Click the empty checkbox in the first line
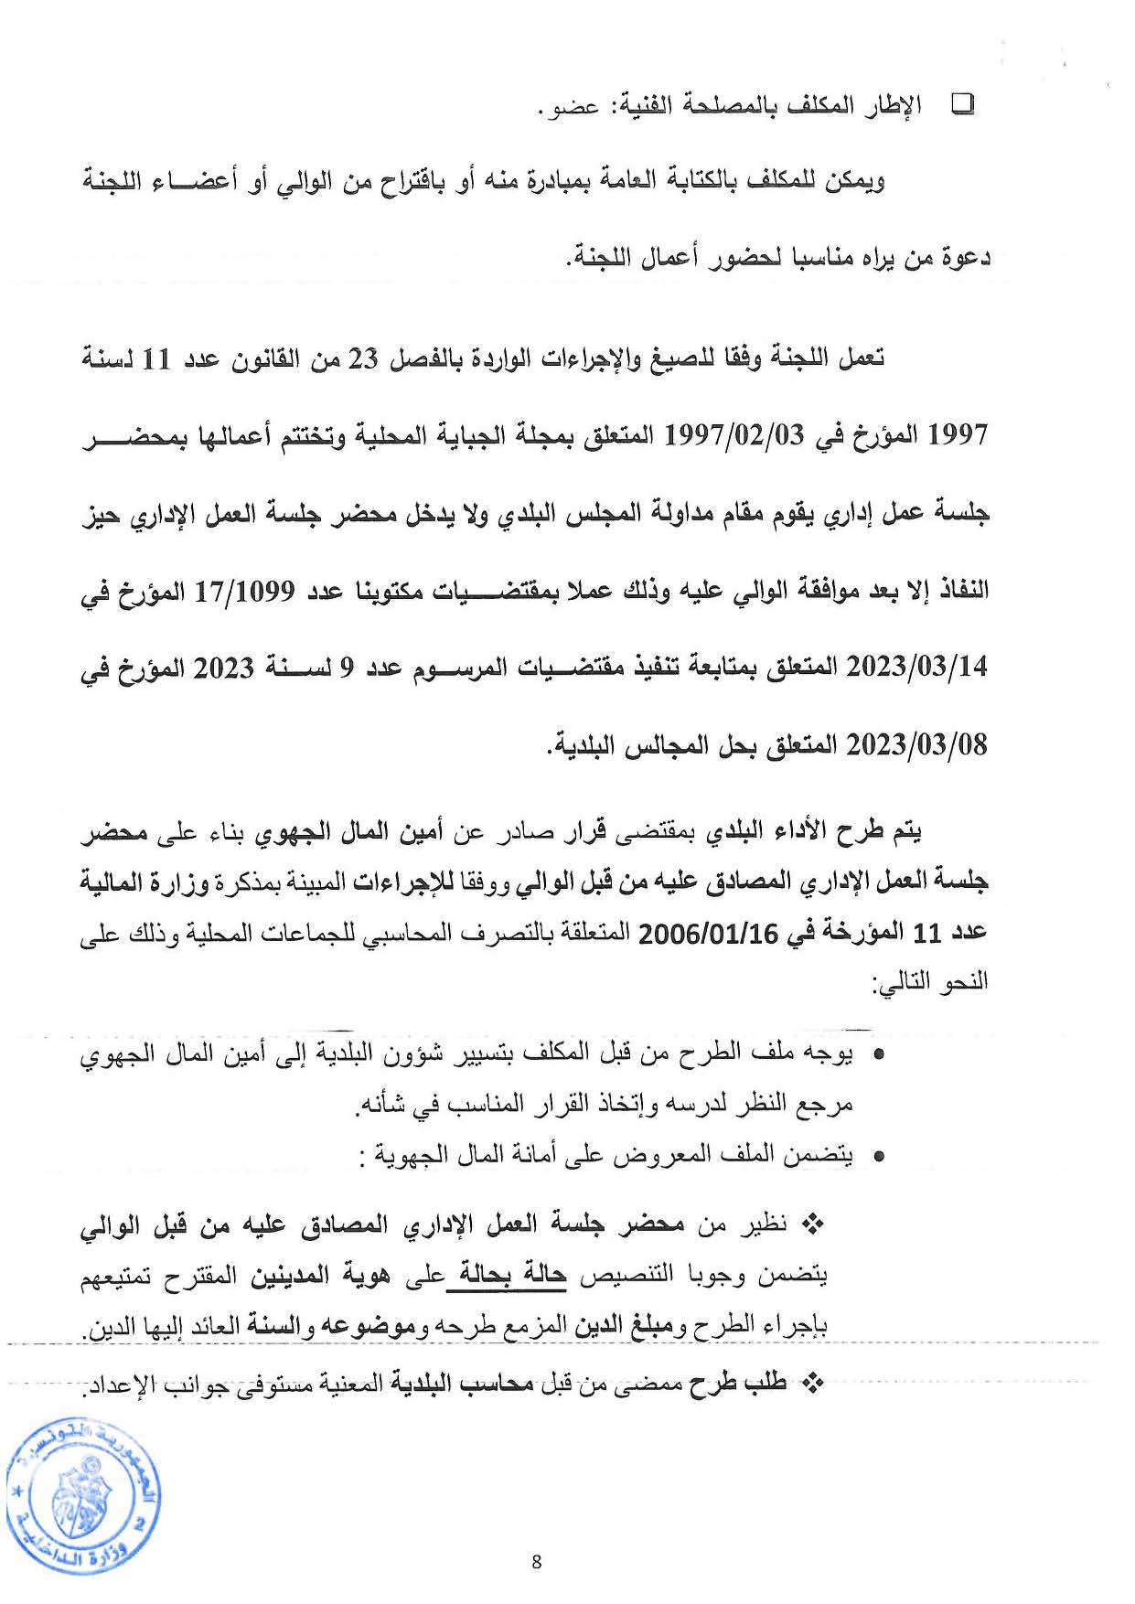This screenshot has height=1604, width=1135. point(963,105)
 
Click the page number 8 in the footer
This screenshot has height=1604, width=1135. point(536,1561)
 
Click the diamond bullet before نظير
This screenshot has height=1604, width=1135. point(813,1224)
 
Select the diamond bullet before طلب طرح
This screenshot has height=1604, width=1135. point(813,1385)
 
